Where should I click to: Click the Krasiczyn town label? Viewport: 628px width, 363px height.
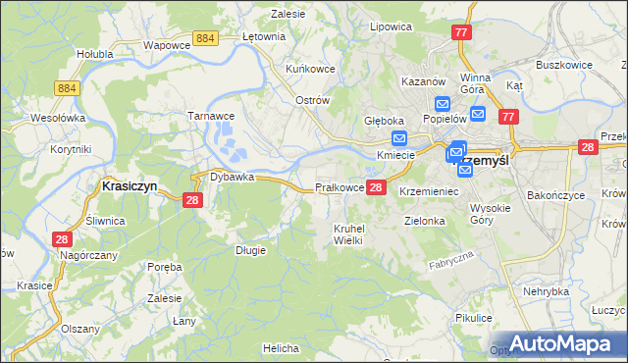(131, 184)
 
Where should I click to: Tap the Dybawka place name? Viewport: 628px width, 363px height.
(232, 178)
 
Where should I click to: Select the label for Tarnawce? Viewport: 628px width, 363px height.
(208, 115)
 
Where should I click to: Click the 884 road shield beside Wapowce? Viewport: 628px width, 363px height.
(204, 37)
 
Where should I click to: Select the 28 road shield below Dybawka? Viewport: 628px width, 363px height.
(192, 200)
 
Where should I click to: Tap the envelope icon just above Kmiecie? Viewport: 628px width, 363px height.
(398, 139)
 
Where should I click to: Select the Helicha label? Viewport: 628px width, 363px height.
(280, 348)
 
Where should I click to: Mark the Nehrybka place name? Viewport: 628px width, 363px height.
(546, 291)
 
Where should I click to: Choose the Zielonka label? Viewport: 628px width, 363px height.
(425, 222)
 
